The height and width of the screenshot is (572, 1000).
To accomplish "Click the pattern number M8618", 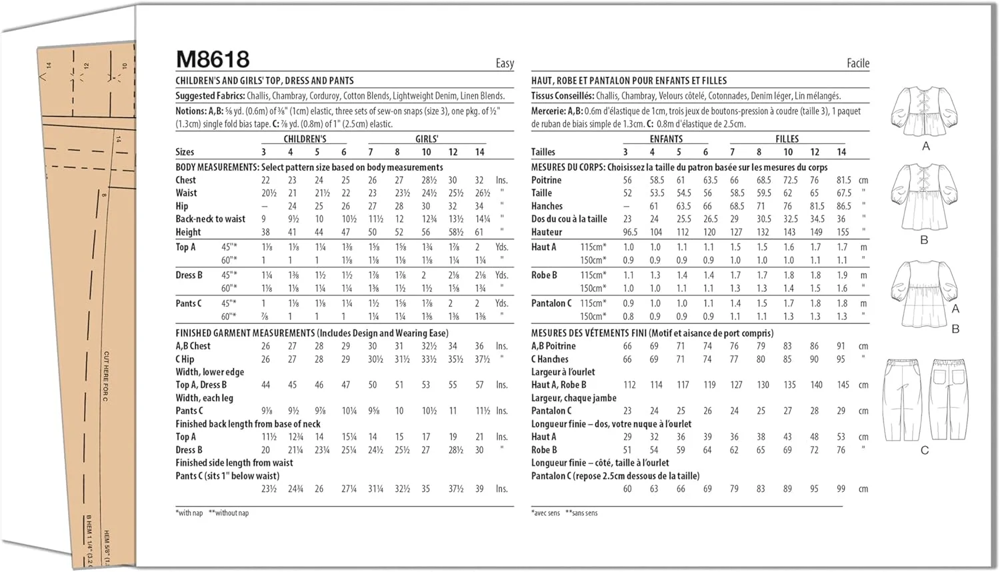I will pos(213,59).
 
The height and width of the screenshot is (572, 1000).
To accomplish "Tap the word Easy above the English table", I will pos(505,63).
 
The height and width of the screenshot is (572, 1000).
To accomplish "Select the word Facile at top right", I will pos(857,63).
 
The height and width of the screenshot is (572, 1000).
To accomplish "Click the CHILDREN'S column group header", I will pos(305,139).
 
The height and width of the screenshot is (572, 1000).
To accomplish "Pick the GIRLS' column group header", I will pos(427,139).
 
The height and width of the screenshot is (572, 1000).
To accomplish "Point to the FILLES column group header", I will pos(787,139).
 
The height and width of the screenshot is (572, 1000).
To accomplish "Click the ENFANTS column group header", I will pos(666,139).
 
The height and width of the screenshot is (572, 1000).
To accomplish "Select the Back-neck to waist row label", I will pos(210,219).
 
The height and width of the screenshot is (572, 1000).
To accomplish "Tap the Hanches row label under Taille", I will pos(547,206).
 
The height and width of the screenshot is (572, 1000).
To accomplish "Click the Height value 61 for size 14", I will pos(479,232).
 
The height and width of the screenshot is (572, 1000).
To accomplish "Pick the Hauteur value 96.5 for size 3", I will pos(630,232).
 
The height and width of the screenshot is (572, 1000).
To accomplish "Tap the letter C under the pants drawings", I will pos(924,451).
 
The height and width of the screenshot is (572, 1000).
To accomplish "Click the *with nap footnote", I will pos(189,513).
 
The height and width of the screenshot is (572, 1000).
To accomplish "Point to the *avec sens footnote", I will pos(545,513).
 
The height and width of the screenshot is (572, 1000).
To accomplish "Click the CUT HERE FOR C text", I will pos(106,376).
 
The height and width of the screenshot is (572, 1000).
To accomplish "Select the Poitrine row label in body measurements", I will pos(546,180).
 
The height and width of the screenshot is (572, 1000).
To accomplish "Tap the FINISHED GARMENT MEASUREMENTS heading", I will pos(245,333).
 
